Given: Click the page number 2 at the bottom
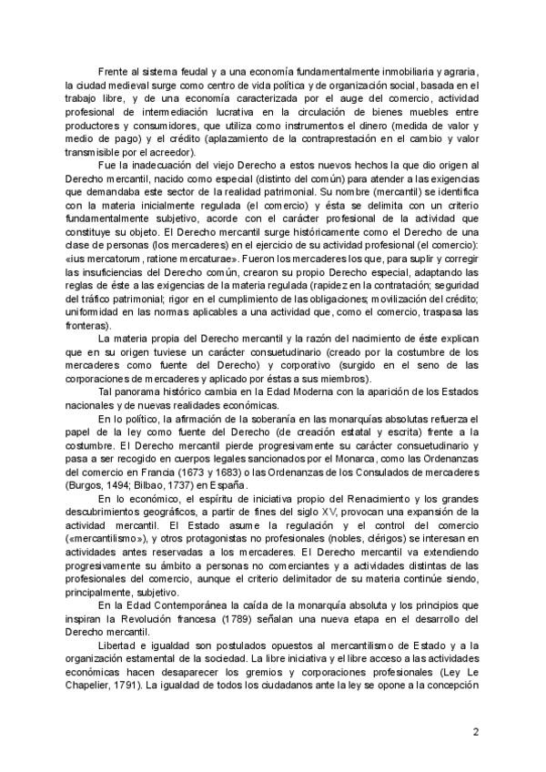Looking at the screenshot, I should [x=477, y=730].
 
